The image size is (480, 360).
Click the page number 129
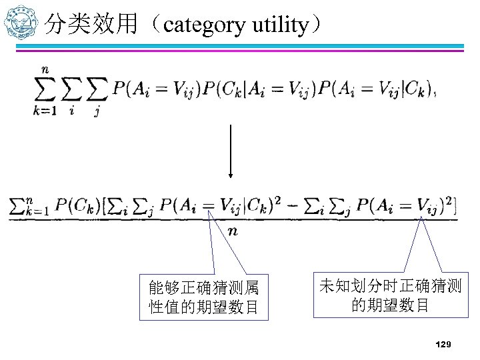coord(443,344)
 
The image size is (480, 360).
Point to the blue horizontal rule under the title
coord(253,46)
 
